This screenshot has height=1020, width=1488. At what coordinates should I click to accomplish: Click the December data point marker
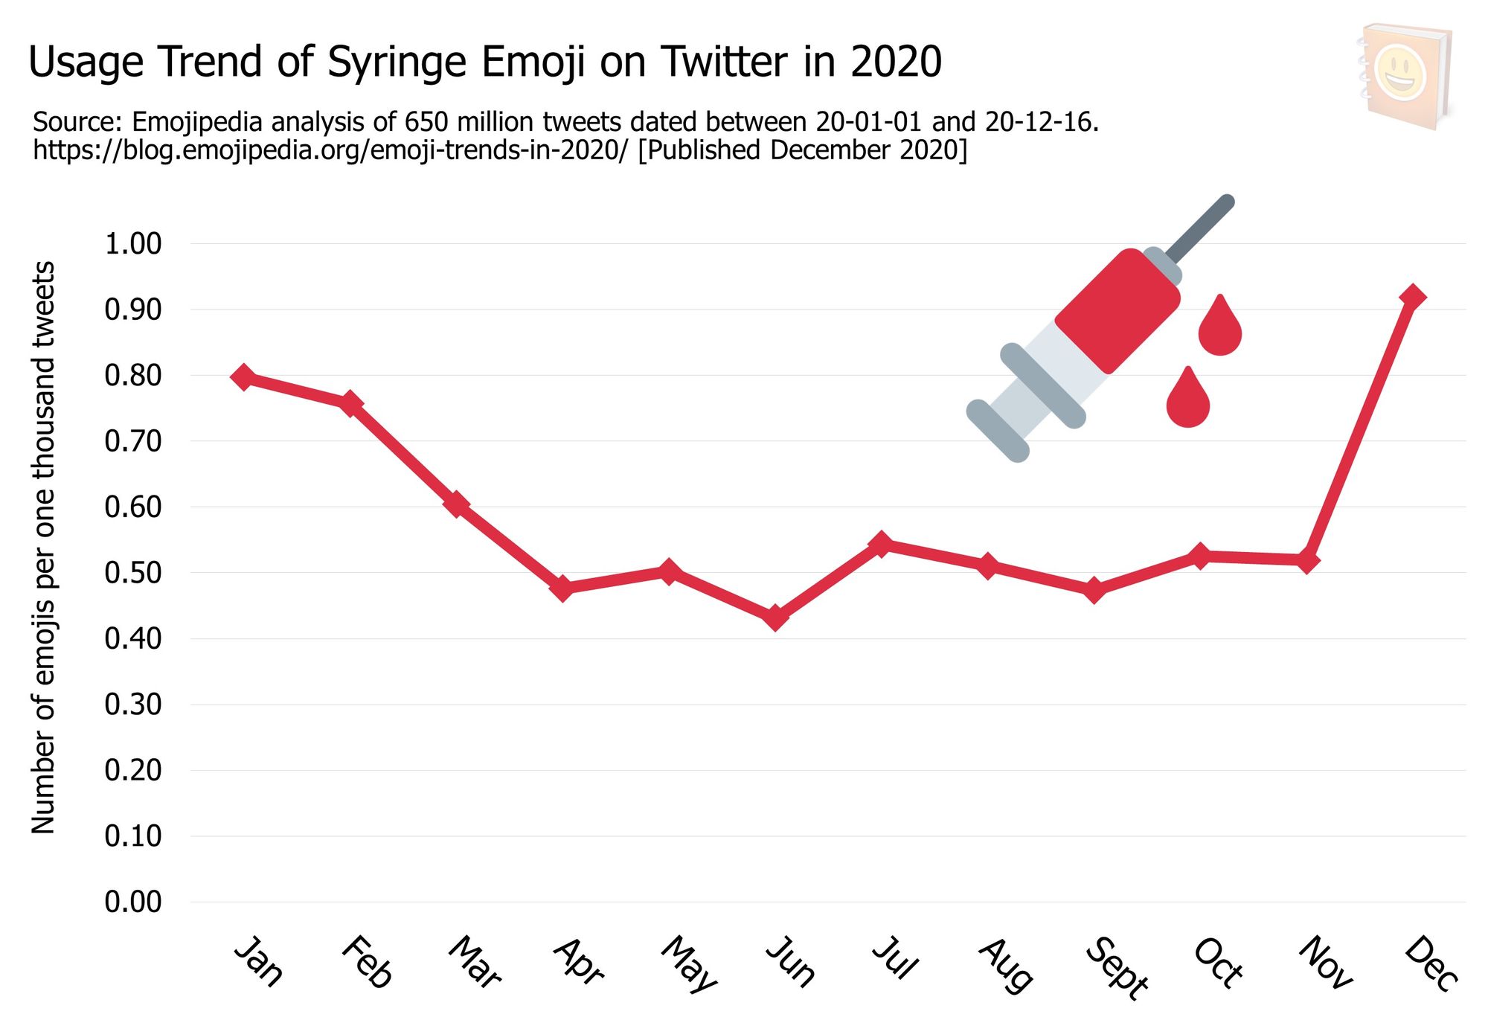pos(1412,298)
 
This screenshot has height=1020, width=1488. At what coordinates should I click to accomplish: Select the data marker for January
pos(243,377)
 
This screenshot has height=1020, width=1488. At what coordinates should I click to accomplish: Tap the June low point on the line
pos(775,618)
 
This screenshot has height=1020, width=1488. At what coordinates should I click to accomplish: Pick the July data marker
pos(882,545)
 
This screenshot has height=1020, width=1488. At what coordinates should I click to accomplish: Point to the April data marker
pos(563,588)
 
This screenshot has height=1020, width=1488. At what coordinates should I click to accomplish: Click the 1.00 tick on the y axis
pos(133,244)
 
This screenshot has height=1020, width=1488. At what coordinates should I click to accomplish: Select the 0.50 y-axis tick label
pos(133,573)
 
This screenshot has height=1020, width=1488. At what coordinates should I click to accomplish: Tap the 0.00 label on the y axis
pos(133,902)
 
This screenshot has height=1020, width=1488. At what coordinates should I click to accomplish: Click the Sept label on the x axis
pos(1116,967)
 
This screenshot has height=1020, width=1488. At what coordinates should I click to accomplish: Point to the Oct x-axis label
pos(1218,963)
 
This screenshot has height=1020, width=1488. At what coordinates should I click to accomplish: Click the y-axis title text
pos(43,547)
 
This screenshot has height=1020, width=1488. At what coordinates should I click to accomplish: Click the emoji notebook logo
pos(1404,76)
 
